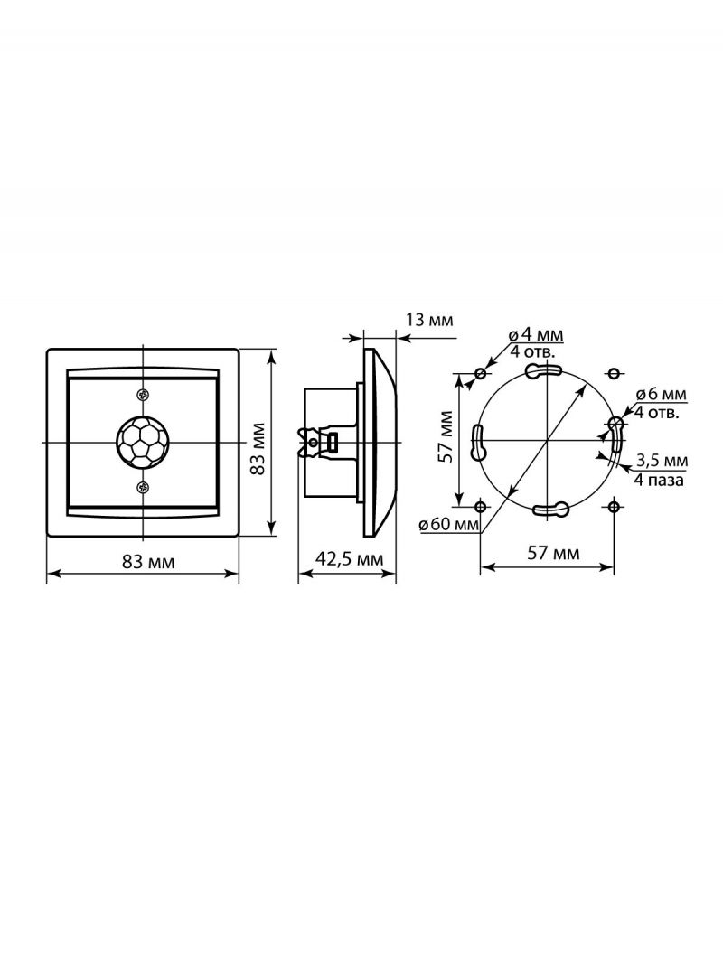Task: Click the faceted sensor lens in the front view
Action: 143,442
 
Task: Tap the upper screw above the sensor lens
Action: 143,395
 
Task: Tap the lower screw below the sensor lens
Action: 143,488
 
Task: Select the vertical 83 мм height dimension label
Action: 258,448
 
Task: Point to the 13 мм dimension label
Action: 428,320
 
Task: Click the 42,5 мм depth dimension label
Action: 348,559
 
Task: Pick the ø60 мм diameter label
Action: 449,525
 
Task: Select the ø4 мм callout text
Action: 536,335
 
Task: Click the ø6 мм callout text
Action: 661,394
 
